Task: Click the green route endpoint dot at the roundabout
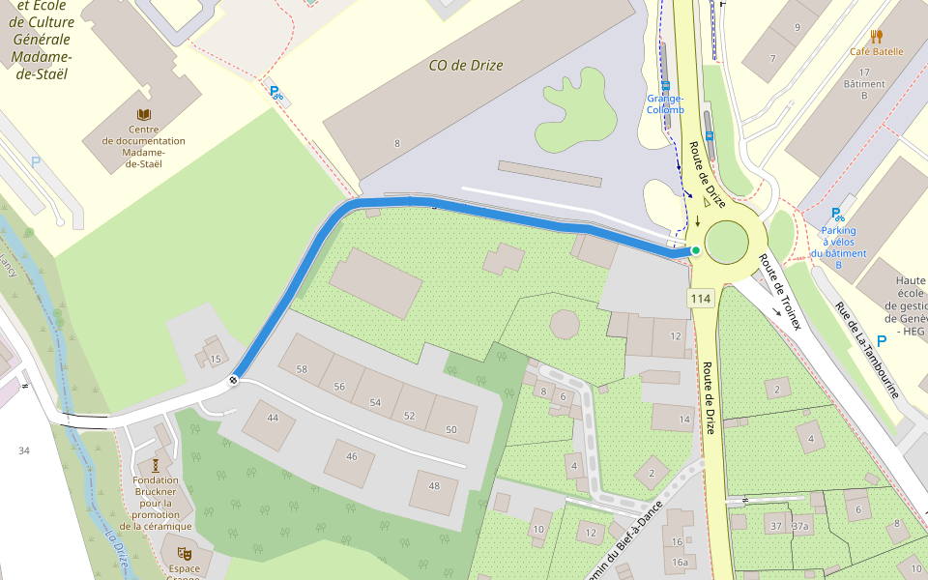point(695,250)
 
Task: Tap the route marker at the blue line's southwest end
point(233,380)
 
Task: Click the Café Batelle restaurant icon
point(876,37)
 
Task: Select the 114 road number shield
point(701,299)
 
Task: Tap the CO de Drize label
point(466,66)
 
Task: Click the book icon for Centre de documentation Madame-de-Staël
point(144,115)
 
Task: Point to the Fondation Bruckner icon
point(156,465)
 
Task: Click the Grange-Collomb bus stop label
point(665,103)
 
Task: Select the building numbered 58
point(302,369)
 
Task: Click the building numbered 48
point(434,486)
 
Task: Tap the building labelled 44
point(273,418)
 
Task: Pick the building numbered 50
point(450,429)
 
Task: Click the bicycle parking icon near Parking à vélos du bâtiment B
point(837,215)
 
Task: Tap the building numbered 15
point(216,359)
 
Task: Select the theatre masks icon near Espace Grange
point(184,553)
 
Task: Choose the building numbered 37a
point(799,526)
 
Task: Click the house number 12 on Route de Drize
point(674,336)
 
